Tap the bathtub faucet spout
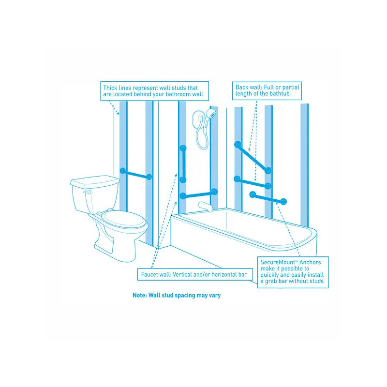[x=205, y=207]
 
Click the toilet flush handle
[x=88, y=192]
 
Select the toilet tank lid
[x=95, y=181]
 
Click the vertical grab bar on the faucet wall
[x=183, y=164]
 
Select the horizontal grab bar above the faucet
[x=199, y=194]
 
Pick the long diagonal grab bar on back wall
[x=253, y=157]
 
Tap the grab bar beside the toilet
[x=136, y=174]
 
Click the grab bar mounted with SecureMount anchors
[x=268, y=198]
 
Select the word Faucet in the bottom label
[x=149, y=274]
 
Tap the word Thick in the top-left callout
[x=110, y=88]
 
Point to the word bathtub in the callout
[x=280, y=93]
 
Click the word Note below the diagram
[x=140, y=295]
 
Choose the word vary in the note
[x=215, y=296]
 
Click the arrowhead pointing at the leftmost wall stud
[x=118, y=113]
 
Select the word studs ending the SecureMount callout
[x=316, y=281]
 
